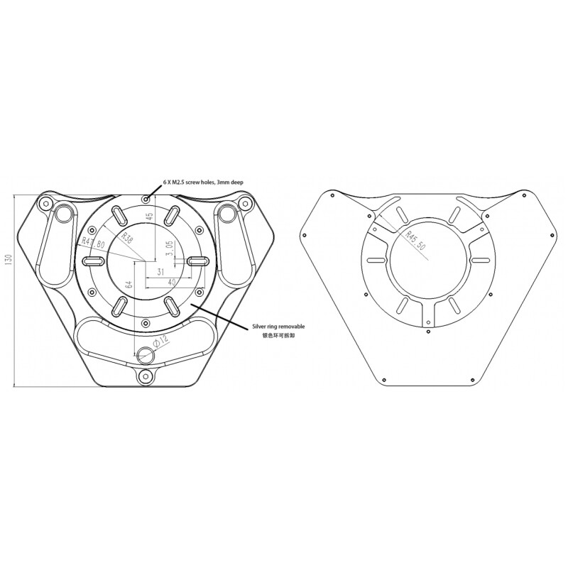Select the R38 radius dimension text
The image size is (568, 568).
tap(128, 237)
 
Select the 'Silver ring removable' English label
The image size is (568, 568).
tap(278, 327)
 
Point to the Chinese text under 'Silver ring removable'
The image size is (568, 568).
tap(278, 335)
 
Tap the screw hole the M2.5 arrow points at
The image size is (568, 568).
tap(146, 198)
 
